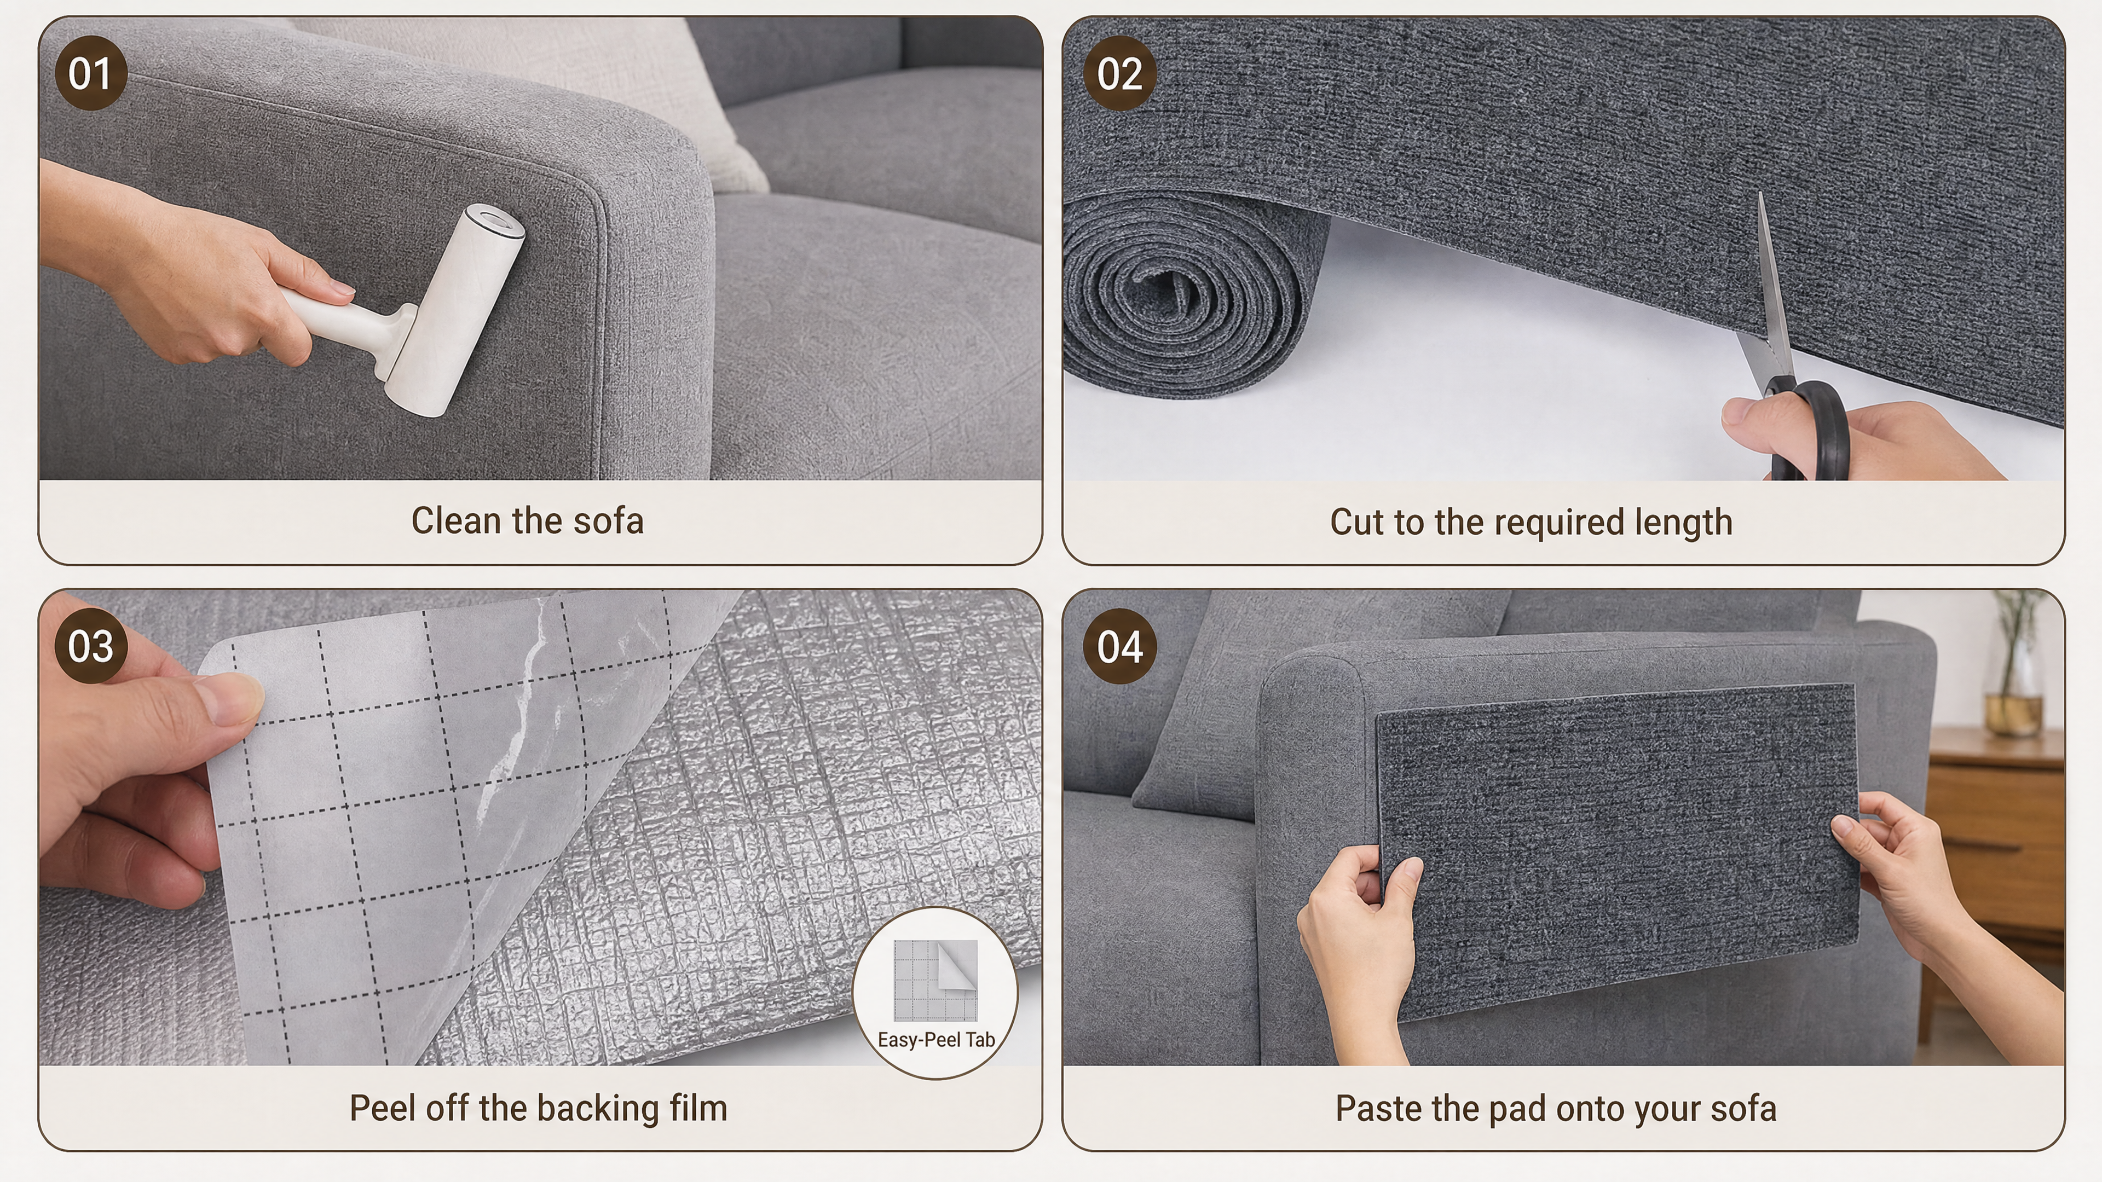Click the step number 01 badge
(x=90, y=73)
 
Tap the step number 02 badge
(x=1119, y=73)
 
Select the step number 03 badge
(x=90, y=646)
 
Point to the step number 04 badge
(x=1119, y=646)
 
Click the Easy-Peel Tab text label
(x=936, y=1040)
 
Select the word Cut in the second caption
(x=1357, y=522)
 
